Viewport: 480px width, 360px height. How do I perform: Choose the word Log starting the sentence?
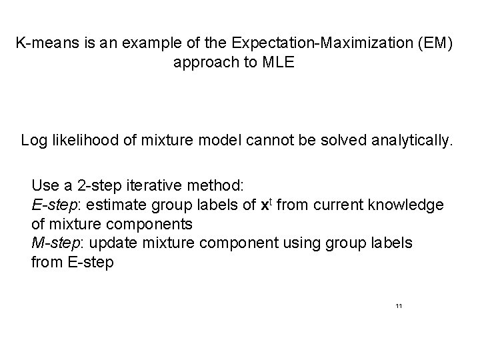pos(34,141)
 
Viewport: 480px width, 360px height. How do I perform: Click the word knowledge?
pos(407,205)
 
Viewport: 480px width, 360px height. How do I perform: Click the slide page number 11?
pos(399,306)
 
